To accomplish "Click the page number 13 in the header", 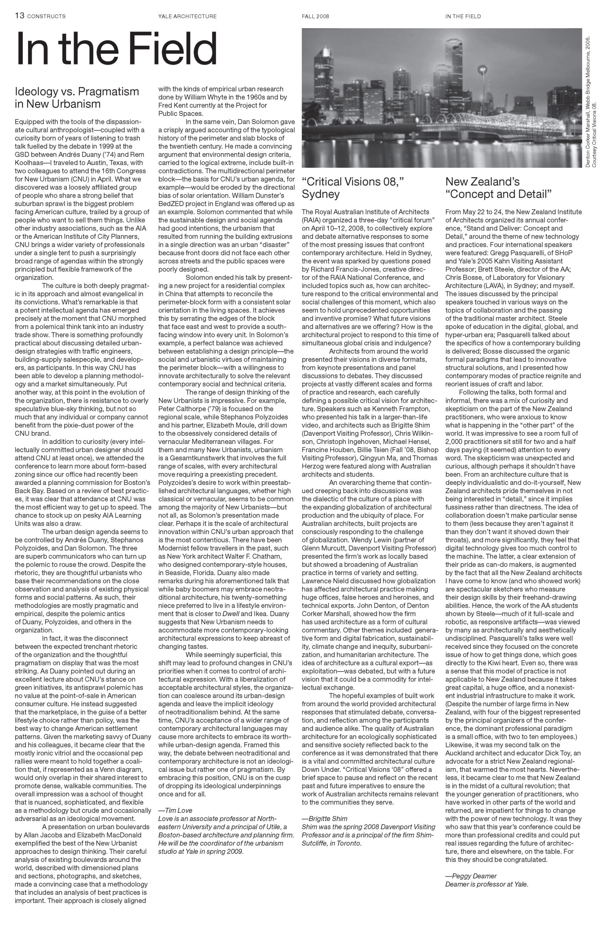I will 20,16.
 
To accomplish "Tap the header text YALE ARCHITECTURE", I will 187,16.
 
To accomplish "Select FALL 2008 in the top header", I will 315,16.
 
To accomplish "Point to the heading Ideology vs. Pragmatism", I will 77,92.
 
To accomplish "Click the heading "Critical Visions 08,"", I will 352,181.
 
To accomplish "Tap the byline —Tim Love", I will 175,810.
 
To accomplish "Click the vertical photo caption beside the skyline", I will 591,102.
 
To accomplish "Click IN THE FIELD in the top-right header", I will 463,16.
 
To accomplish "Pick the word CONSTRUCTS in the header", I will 46,16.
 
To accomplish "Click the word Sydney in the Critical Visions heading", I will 321,194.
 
